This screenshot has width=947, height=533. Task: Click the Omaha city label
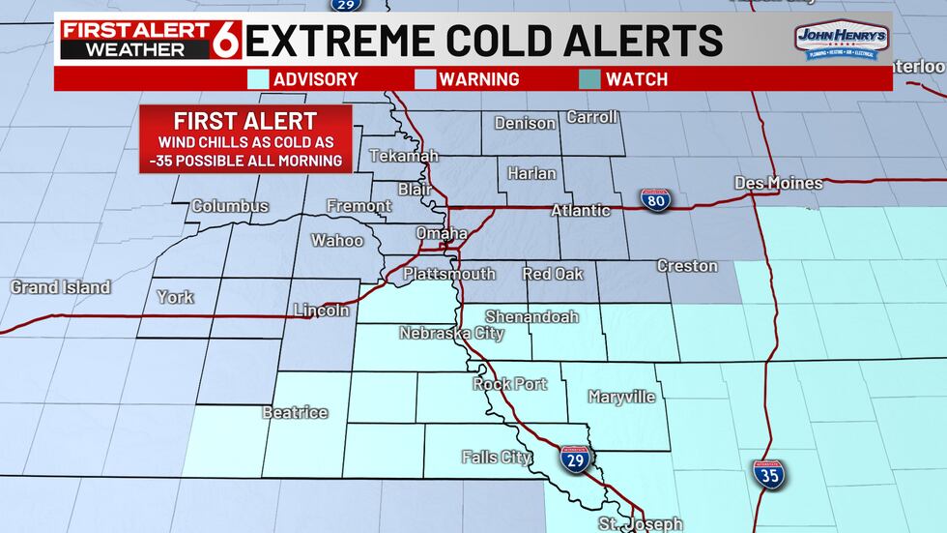pos(442,233)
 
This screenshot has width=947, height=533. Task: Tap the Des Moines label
pos(778,183)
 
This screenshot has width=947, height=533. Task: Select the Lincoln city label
pos(321,311)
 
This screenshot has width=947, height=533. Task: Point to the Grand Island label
pos(60,287)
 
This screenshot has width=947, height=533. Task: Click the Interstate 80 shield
pos(655,200)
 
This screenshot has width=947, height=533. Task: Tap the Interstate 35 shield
pos(769,474)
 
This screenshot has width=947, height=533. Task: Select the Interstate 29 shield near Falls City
pos(575,460)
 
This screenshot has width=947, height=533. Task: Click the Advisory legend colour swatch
pos(257,79)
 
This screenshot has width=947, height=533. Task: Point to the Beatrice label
pos(295,413)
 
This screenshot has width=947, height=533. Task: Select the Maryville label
pos(622,397)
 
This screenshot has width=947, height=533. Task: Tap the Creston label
pos(687,265)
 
